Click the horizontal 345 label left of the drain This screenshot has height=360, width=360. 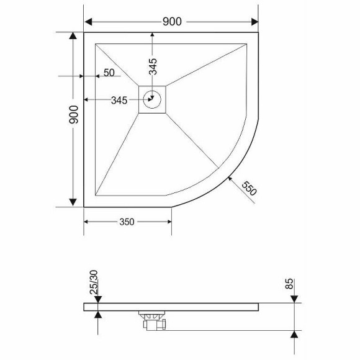(119, 100)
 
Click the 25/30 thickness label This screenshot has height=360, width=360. (94, 283)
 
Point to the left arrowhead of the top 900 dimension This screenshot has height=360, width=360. (89, 22)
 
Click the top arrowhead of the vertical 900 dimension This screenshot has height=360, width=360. (73, 37)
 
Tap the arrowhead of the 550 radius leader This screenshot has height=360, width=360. (231, 179)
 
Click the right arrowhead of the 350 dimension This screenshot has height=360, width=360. (168, 222)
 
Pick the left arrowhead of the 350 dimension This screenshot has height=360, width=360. (88, 222)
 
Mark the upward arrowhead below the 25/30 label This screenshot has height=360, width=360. (97, 316)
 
